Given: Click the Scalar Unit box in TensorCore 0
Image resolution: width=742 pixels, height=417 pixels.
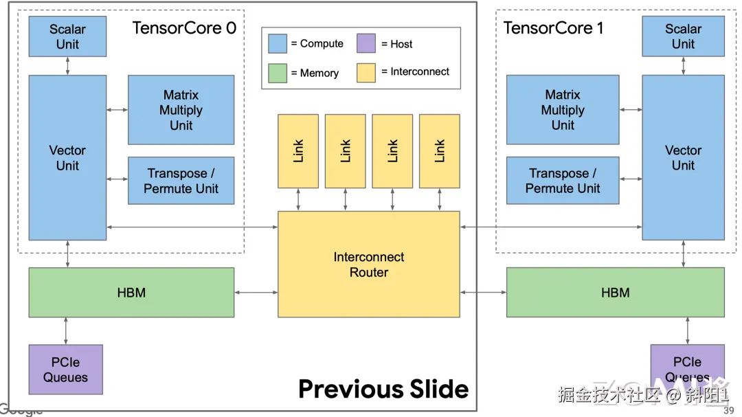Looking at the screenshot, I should pyautogui.click(x=67, y=36).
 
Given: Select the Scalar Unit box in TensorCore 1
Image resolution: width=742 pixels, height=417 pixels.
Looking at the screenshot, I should pyautogui.click(x=683, y=36).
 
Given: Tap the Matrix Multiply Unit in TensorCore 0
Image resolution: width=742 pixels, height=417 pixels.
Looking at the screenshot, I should pyautogui.click(x=181, y=110).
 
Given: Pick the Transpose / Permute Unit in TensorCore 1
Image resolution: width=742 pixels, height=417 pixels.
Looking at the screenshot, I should pyautogui.click(x=563, y=181).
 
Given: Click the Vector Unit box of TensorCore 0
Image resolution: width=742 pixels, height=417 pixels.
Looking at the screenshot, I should pyautogui.click(x=67, y=157).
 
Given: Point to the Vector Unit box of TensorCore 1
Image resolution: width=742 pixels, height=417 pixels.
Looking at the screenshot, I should pyautogui.click(x=683, y=157).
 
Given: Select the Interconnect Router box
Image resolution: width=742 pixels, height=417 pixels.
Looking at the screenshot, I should pyautogui.click(x=368, y=264).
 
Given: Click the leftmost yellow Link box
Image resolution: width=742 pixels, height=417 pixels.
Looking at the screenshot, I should pyautogui.click(x=298, y=151).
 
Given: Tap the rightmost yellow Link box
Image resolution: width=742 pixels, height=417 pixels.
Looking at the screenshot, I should pyautogui.click(x=440, y=151).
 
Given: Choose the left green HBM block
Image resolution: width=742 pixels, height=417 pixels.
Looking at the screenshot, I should pyautogui.click(x=131, y=293).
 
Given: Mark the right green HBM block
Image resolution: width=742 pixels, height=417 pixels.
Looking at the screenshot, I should pyautogui.click(x=615, y=293).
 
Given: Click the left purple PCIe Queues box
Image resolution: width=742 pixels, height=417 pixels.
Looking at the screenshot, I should pyautogui.click(x=65, y=370).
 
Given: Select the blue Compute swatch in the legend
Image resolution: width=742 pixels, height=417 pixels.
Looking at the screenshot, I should pyautogui.click(x=278, y=43).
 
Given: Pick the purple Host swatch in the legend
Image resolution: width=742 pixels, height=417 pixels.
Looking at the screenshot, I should pyautogui.click(x=366, y=43).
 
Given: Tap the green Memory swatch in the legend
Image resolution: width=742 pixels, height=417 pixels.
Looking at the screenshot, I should pyautogui.click(x=278, y=73).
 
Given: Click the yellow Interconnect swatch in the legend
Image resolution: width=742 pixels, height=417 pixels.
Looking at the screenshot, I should pyautogui.click(x=366, y=72).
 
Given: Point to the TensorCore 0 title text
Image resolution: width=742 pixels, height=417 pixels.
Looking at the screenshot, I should pyautogui.click(x=184, y=28).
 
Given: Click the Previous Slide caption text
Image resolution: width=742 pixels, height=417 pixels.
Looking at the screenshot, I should pyautogui.click(x=383, y=390).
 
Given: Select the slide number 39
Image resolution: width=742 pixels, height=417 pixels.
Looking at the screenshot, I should pyautogui.click(x=729, y=411).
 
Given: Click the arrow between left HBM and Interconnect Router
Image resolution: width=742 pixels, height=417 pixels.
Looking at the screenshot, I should pyautogui.click(x=256, y=293).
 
